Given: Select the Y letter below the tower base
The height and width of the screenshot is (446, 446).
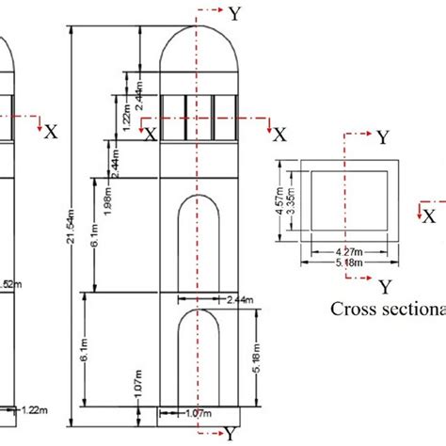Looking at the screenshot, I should pyautogui.click(x=230, y=433).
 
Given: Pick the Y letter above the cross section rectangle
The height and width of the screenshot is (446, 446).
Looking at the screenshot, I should pyautogui.click(x=383, y=137).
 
